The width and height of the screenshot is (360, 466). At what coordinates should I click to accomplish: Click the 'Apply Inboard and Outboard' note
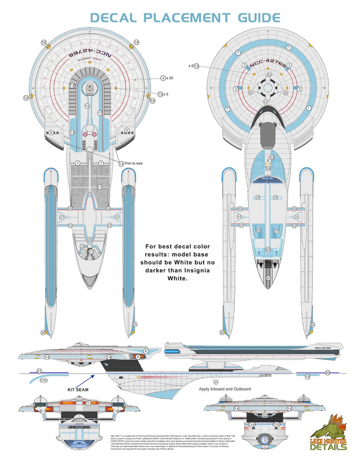pos(225,389)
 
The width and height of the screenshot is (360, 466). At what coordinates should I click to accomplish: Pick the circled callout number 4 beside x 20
pos(163,78)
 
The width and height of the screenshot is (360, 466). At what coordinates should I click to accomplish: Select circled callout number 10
pos(87,106)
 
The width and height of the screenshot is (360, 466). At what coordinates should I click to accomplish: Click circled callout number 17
pos(100,187)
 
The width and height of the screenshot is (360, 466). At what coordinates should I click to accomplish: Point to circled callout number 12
pos(72,86)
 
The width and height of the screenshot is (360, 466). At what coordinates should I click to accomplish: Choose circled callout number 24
pos(269,168)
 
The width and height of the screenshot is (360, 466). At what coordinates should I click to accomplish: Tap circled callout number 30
pos(269,278)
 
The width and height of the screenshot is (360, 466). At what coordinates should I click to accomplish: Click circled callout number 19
pos(307,377)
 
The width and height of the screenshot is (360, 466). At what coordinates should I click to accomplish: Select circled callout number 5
pos(88,403)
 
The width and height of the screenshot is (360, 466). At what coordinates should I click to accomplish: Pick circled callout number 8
pos(137,357)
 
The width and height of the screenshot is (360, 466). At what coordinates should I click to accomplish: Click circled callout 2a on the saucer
pos(269,74)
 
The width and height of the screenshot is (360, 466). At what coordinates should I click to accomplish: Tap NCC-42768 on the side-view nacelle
pos(322,348)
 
